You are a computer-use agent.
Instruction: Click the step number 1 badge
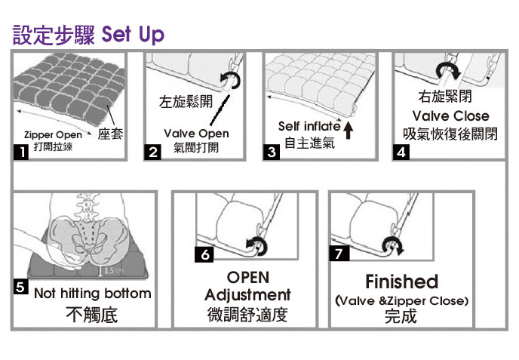21,152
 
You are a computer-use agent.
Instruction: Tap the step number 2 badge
152,152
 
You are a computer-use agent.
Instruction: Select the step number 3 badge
272,152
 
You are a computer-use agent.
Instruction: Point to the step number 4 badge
401,152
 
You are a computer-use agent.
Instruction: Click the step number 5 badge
20,287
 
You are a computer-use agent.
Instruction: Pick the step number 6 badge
204,254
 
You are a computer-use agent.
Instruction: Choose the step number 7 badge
339,254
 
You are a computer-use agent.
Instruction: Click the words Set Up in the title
133,35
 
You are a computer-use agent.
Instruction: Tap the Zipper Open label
53,135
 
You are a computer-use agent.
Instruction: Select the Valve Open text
196,134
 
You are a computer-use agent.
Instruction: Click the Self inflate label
309,126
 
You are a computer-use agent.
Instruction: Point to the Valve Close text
450,116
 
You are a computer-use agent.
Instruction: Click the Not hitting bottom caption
92,293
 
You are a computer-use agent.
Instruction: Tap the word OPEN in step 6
248,278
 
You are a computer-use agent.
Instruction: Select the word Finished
401,282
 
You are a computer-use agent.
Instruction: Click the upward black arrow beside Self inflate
348,130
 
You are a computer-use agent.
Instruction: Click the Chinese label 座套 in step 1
110,134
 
